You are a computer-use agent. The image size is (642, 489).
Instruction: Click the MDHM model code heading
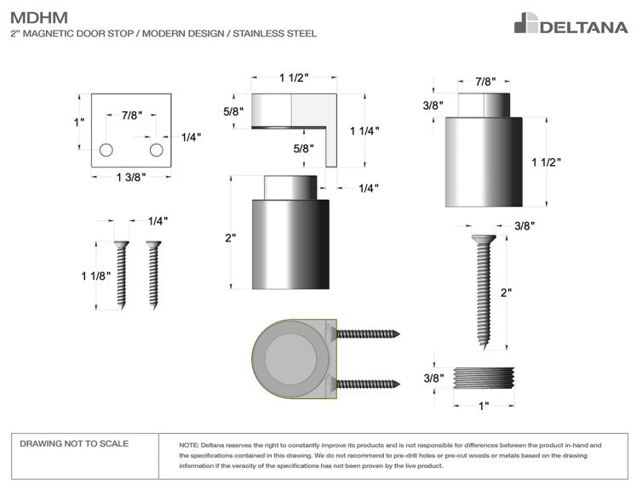click(39, 18)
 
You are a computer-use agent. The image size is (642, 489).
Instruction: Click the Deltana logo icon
click(526, 23)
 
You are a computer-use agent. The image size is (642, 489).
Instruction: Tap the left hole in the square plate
click(106, 150)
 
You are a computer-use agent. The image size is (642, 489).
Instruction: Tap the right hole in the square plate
click(157, 150)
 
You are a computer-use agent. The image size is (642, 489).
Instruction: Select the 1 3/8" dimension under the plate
click(131, 177)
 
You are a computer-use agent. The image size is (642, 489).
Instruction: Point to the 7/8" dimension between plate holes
click(131, 116)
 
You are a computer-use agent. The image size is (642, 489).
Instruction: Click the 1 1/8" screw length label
click(96, 276)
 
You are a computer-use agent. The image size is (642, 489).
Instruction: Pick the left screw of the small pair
click(122, 275)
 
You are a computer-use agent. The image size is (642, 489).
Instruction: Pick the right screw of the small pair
click(153, 275)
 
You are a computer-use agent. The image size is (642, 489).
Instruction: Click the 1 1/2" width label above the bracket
click(294, 77)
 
